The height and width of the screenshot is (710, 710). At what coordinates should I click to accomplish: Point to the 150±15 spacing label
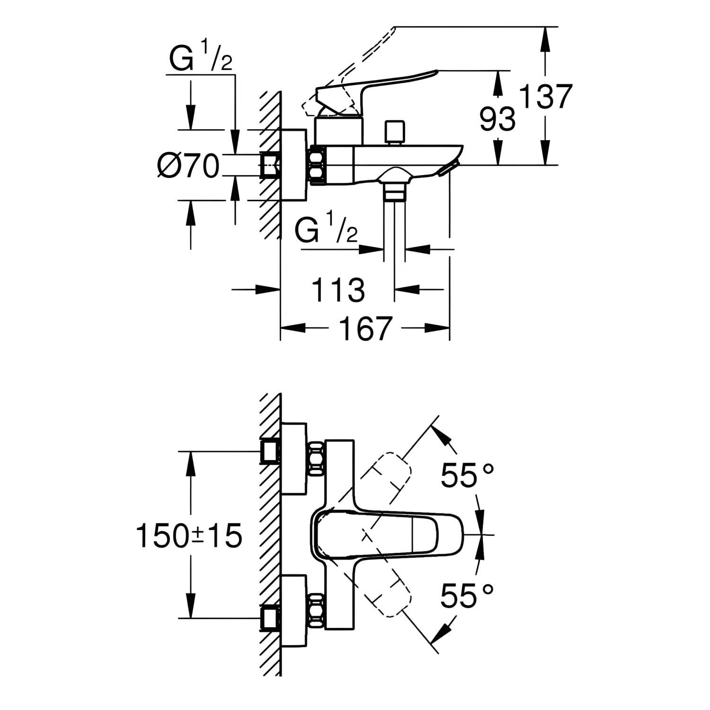coord(189,536)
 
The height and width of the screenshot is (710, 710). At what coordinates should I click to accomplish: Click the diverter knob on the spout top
coord(393,133)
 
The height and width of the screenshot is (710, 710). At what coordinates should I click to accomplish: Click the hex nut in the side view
coord(318,165)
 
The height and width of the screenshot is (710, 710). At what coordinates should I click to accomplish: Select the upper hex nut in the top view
coord(317,459)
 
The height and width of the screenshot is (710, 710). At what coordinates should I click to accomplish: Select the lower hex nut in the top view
coord(317,611)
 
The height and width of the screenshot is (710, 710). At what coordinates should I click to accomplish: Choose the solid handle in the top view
coord(379,534)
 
